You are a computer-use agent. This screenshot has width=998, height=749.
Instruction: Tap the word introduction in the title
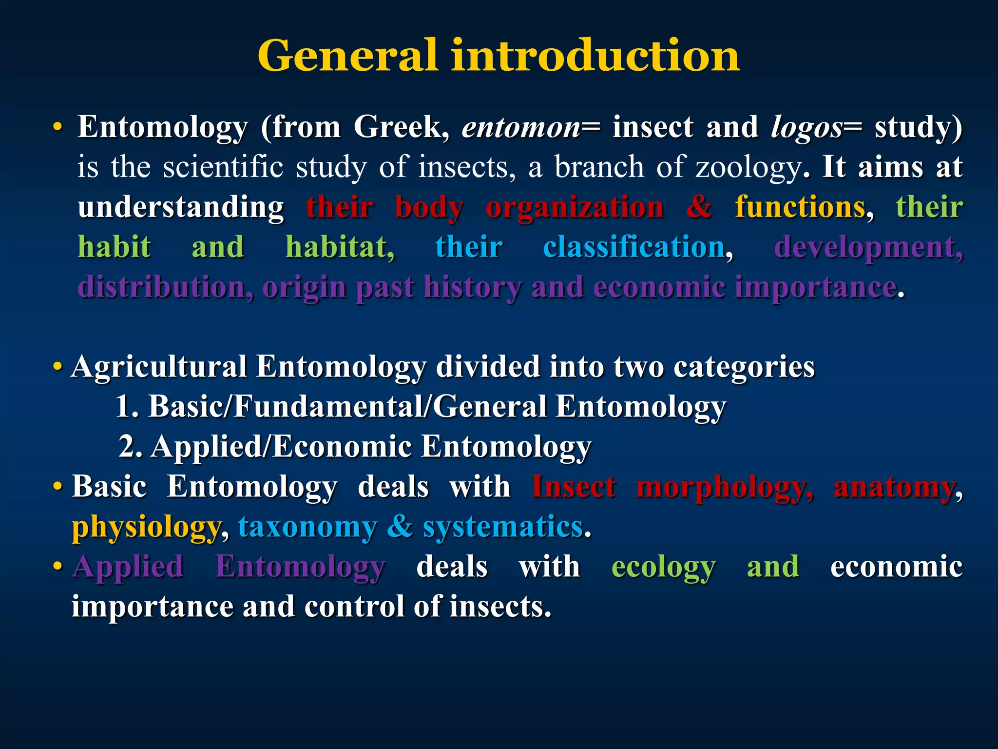pyautogui.click(x=595, y=56)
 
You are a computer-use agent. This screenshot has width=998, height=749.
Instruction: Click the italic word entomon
pyautogui.click(x=520, y=128)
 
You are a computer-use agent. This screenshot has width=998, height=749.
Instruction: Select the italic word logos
pyautogui.click(x=806, y=128)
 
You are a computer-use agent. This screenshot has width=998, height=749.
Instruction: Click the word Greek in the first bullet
pyautogui.click(x=396, y=128)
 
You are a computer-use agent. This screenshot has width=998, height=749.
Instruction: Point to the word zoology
pyautogui.click(x=748, y=168)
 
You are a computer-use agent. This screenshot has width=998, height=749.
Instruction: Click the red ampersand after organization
pyautogui.click(x=699, y=207)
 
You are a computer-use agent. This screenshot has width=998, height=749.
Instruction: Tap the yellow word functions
pyautogui.click(x=800, y=207)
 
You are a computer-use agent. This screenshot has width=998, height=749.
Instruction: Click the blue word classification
pyautogui.click(x=633, y=247)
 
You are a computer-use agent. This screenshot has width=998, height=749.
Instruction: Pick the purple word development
pyautogui.click(x=867, y=247)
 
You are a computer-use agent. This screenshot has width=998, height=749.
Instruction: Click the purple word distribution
pyautogui.click(x=165, y=287)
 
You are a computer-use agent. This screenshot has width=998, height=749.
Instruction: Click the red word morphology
pyautogui.click(x=724, y=487)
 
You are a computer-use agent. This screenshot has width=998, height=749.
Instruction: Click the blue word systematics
pyautogui.click(x=502, y=527)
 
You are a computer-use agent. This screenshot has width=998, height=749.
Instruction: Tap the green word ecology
pyautogui.click(x=663, y=568)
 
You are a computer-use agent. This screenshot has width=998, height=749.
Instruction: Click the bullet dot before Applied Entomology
pyautogui.click(x=58, y=567)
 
